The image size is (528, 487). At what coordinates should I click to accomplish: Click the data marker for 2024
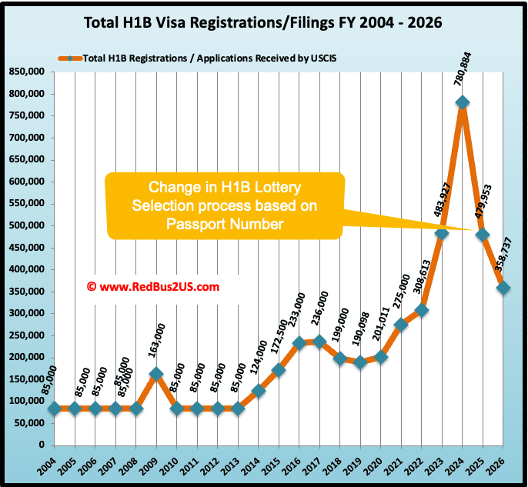[463, 103]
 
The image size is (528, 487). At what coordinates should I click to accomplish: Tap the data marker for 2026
[503, 288]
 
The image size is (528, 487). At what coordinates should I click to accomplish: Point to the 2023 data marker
[442, 234]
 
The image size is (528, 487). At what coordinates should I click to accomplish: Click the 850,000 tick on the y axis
[25, 72]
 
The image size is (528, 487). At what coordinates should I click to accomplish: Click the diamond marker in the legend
[70, 58]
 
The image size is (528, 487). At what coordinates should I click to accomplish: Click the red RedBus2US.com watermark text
[153, 286]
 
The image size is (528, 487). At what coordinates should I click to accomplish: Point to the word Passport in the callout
[208, 223]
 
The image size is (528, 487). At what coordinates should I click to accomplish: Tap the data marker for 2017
[317, 342]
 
